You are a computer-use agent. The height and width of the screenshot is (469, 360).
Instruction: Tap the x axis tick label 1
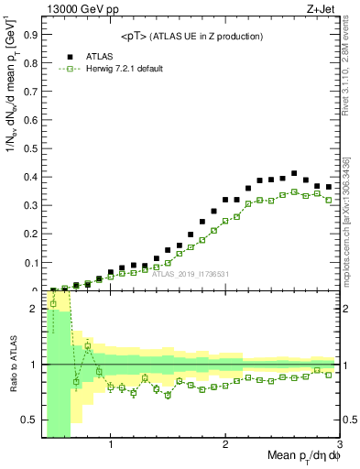coord(111,446)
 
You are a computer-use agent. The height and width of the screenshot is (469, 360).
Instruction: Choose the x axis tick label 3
coord(339,446)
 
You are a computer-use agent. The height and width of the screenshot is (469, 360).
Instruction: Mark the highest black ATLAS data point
coord(294,173)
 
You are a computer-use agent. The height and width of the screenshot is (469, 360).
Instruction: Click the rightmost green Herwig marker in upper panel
coord(328,200)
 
